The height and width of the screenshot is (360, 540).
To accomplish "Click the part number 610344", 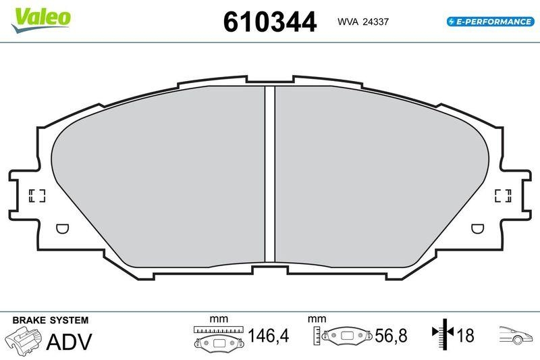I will click(269, 22).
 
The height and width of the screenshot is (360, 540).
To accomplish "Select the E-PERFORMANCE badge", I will click(490, 22).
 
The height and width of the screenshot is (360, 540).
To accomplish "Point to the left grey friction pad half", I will click(162, 176).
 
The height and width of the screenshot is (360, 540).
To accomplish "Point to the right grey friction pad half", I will click(378, 176).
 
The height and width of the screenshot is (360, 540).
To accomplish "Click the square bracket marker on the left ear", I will click(37, 196).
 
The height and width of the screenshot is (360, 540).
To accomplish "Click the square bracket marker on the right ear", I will click(503, 196).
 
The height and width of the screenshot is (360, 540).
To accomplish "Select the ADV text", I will click(68, 341).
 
